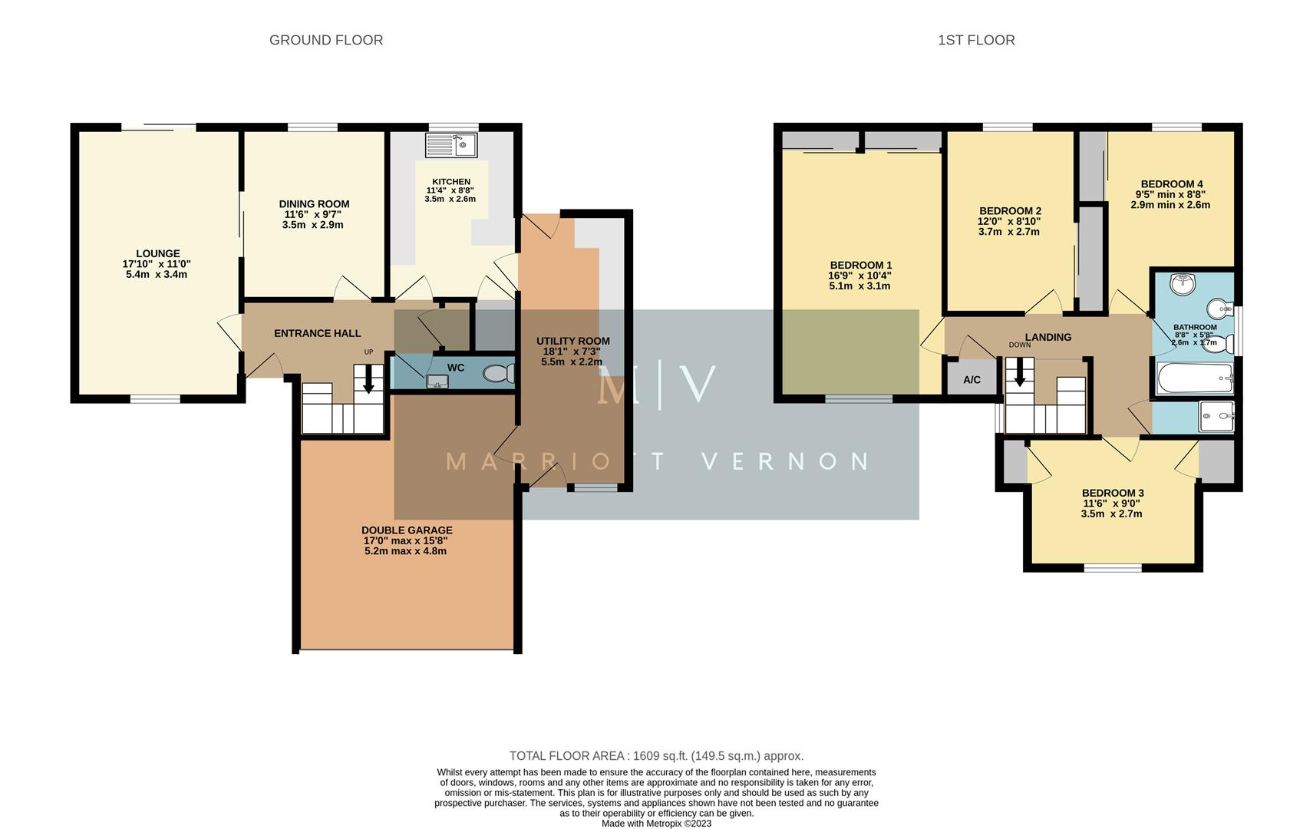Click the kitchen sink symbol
pos(451,144)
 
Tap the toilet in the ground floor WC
pos(500,374)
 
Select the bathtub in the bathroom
pos(1193,379)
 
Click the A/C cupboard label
pos(972,380)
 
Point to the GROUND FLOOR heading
pos(326,40)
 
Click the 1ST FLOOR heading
pos(976,40)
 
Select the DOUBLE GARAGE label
pos(407,530)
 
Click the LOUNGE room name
pos(158,253)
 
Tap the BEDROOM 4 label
pos(1172,184)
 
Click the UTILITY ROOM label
pos(572,341)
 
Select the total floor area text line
pos(656,756)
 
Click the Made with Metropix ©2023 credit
pos(656,824)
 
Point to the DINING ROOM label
pos(314,204)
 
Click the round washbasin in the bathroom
pos(1183,285)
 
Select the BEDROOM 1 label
pos(860,266)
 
